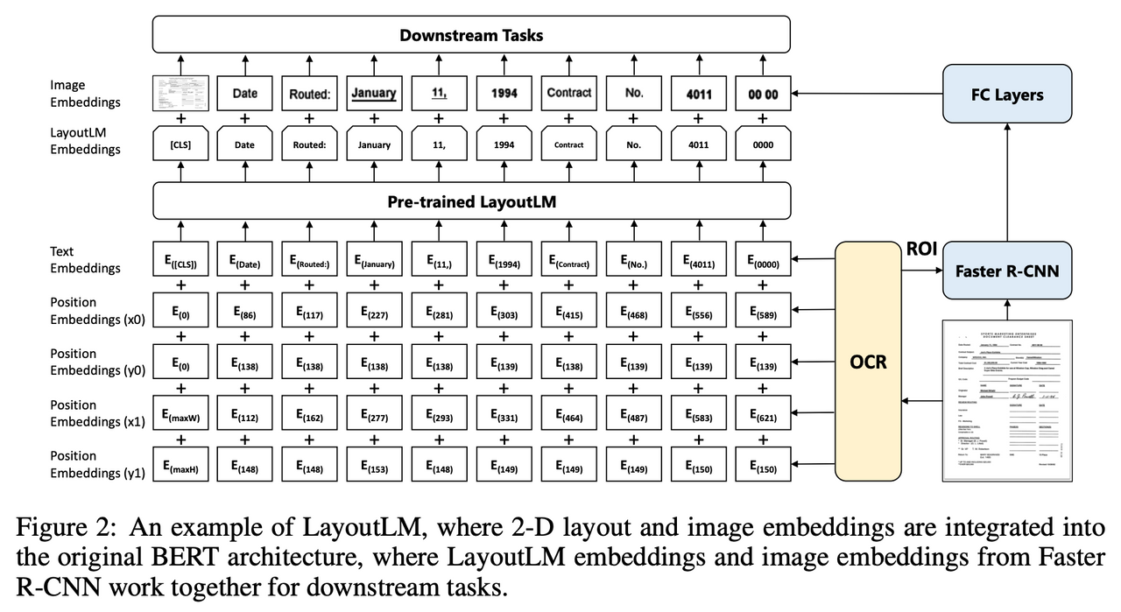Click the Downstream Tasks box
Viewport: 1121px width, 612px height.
(x=471, y=36)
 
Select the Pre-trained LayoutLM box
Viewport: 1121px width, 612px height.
(x=471, y=201)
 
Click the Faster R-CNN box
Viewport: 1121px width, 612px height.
(x=1006, y=271)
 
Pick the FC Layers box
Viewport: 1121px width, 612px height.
(x=1006, y=94)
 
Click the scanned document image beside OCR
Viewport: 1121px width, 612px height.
(x=1006, y=401)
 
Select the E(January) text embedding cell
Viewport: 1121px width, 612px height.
(x=374, y=261)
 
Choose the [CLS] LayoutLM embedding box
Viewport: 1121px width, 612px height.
(x=180, y=144)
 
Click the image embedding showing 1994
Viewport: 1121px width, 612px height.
(x=504, y=93)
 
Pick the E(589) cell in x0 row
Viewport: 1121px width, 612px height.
(x=763, y=312)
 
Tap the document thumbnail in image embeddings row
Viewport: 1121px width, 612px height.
(x=180, y=93)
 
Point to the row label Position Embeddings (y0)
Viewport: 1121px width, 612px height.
(x=86, y=362)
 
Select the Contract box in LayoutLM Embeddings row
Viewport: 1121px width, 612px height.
(x=568, y=144)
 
